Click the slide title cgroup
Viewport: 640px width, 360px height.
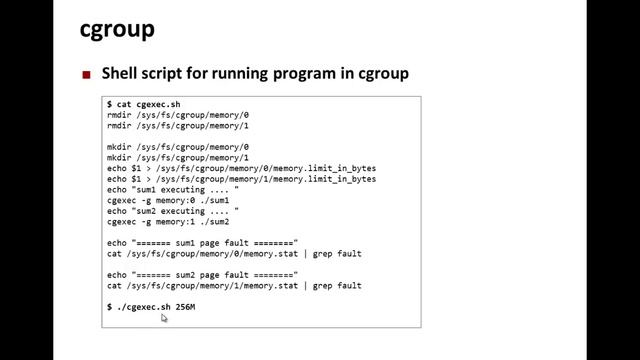(117, 30)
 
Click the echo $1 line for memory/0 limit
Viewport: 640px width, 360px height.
(241, 168)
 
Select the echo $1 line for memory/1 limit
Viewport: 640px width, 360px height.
(241, 179)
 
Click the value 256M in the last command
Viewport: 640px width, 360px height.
(185, 307)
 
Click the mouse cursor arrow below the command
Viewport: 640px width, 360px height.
(164, 318)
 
